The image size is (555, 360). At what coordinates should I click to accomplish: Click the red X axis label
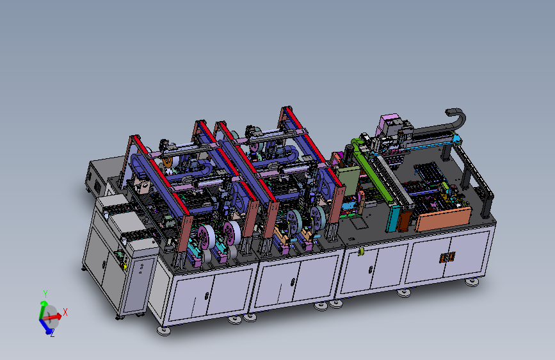pyautogui.click(x=65, y=312)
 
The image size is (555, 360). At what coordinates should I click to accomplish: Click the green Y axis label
pyautogui.click(x=45, y=293)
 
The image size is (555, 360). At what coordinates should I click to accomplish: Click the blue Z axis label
pyautogui.click(x=52, y=333)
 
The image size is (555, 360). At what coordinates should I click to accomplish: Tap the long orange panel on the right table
pyautogui.click(x=443, y=219)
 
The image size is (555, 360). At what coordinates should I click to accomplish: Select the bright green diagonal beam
pyautogui.click(x=372, y=170)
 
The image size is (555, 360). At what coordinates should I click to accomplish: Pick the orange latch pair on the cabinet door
pyautogui.click(x=447, y=258)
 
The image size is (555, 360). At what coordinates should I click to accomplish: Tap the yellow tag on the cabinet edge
pyautogui.click(x=360, y=252)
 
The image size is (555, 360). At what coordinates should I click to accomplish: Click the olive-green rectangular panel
pyautogui.click(x=348, y=181)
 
